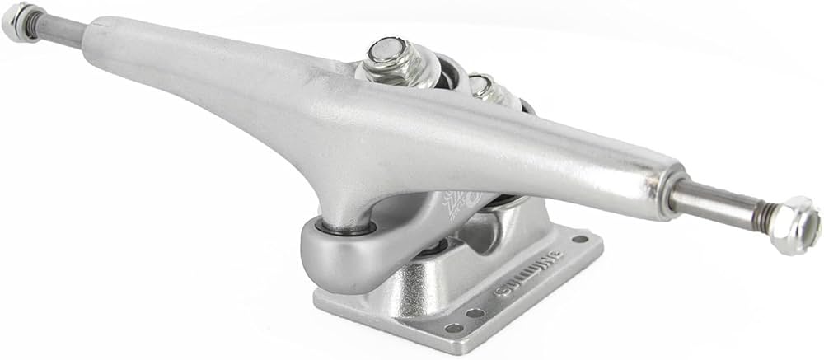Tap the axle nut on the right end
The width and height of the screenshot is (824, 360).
click(797, 224)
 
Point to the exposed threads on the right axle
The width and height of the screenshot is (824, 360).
click(764, 216)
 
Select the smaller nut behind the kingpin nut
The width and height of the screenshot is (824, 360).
click(483, 85)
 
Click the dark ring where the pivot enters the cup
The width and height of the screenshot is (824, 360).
click(346, 227)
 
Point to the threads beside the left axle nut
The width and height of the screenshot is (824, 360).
click(37, 26)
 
